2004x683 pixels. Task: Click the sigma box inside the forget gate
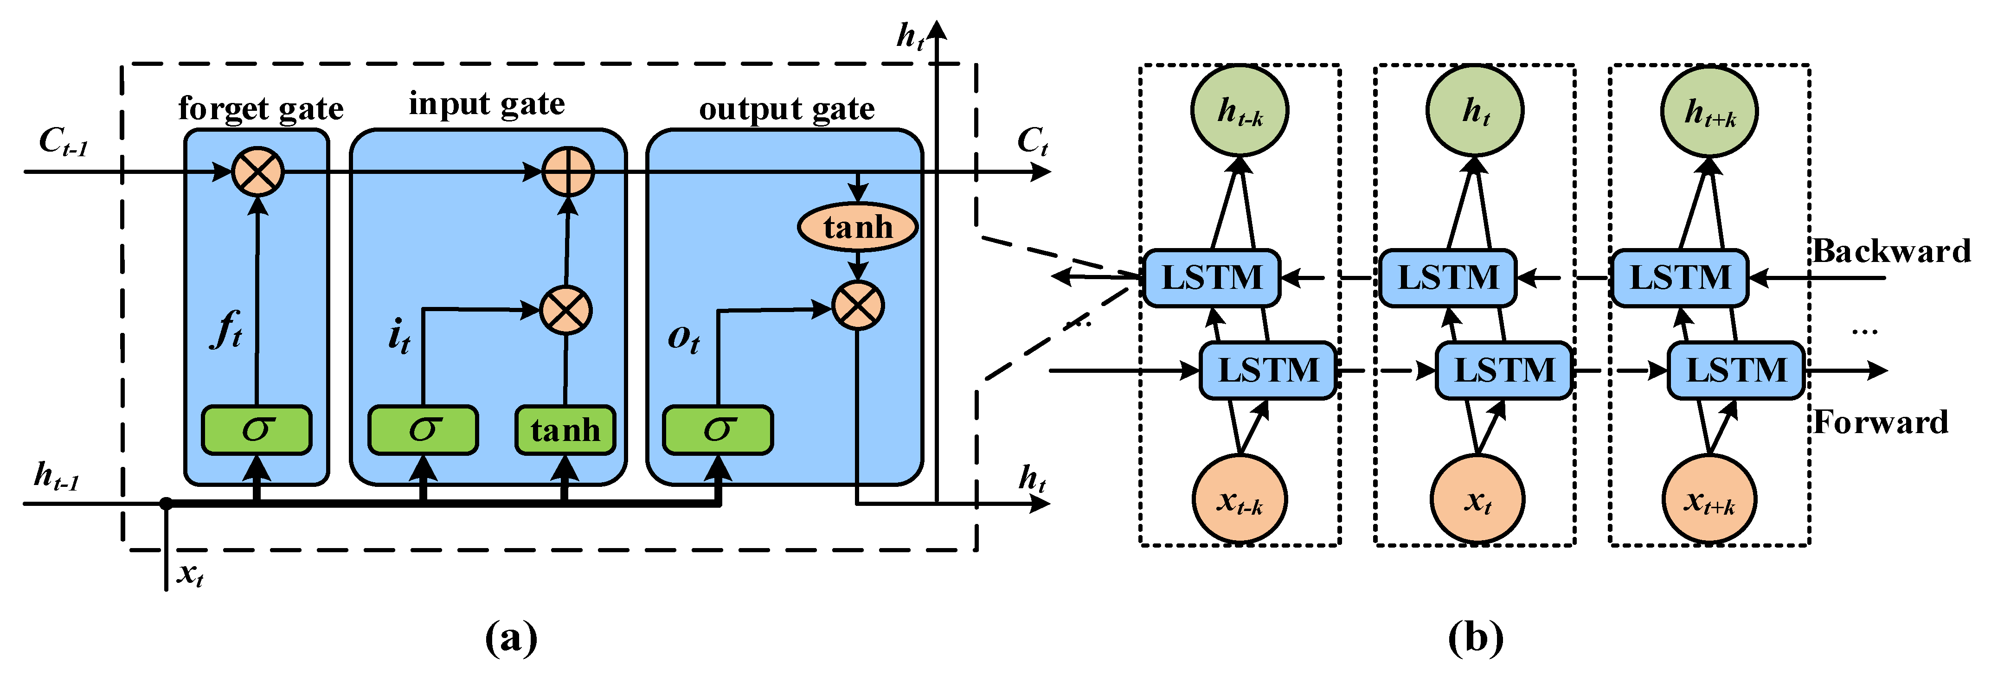[x=257, y=429]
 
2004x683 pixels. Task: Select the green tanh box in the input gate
[x=565, y=429]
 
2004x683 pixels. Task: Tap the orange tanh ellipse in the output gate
[x=857, y=227]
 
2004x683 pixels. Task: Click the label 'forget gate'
[x=261, y=108]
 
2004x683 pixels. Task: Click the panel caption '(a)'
[x=511, y=638]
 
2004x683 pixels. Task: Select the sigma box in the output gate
[x=717, y=429]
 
